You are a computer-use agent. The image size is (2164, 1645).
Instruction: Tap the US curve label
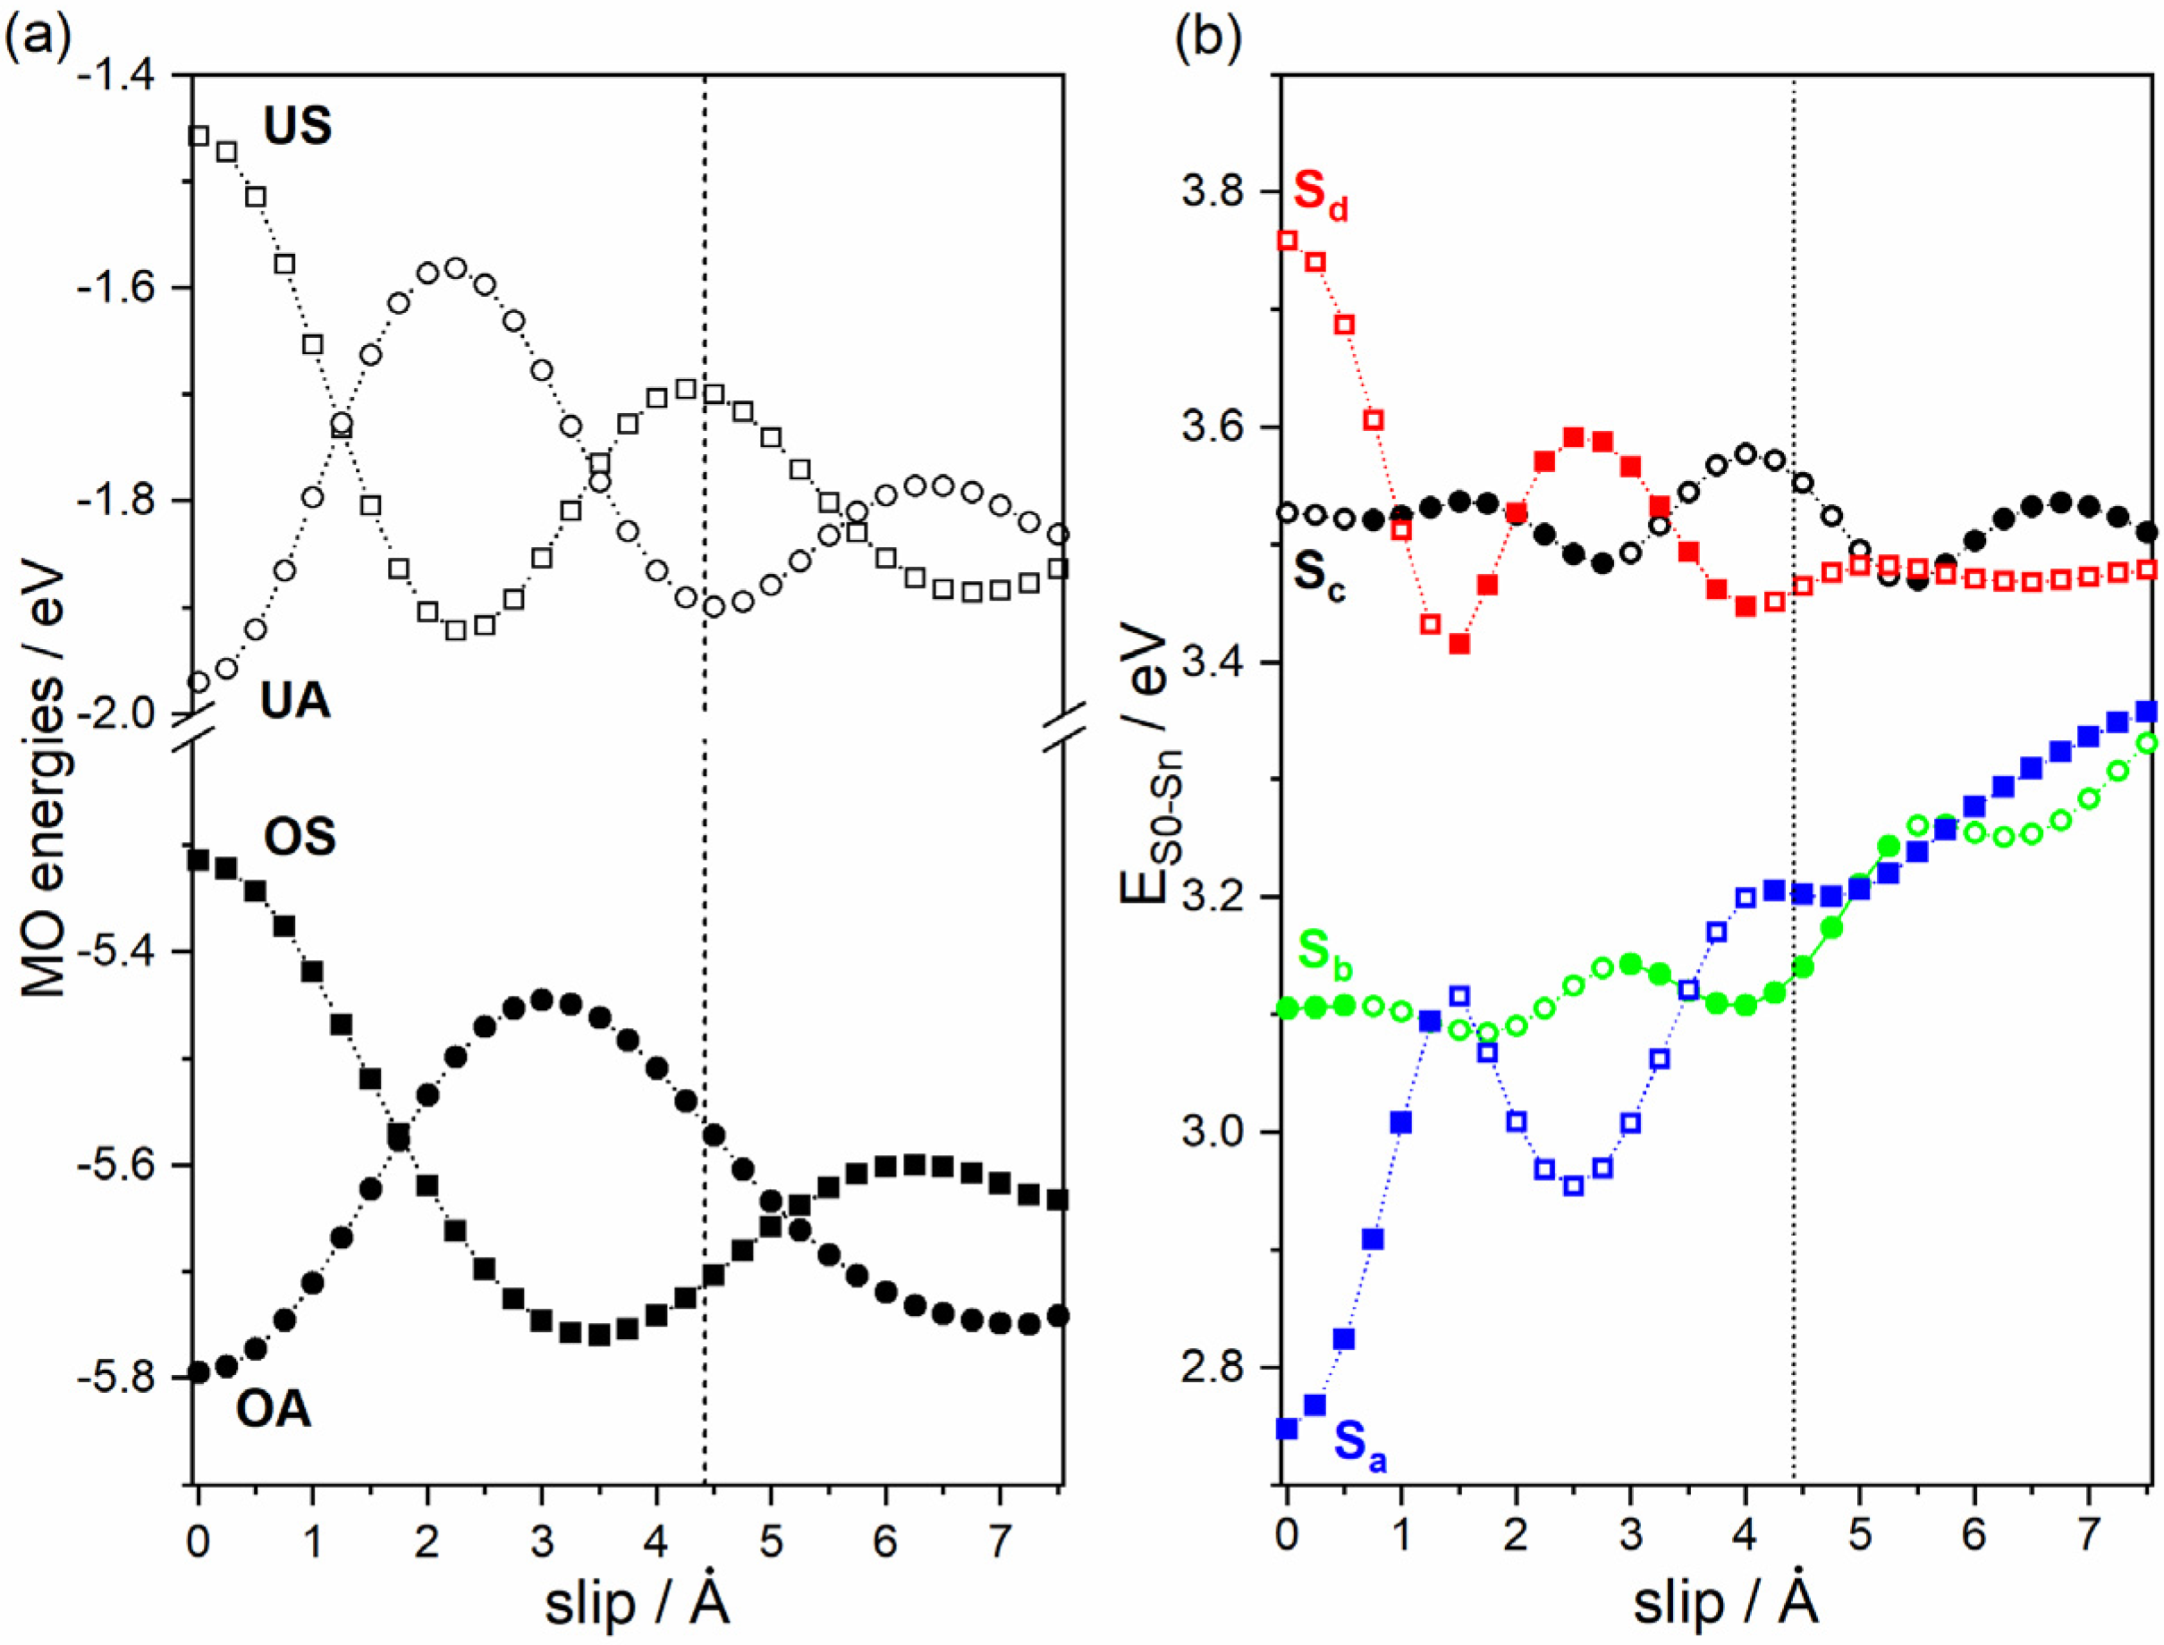(297, 125)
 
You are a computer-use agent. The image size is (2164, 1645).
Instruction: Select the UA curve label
(295, 701)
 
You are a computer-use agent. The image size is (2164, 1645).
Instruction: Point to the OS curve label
(299, 836)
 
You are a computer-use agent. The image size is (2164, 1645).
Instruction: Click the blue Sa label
(1359, 1444)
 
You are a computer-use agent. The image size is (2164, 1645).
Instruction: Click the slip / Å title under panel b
(1725, 1603)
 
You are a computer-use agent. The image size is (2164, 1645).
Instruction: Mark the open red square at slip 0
(1288, 240)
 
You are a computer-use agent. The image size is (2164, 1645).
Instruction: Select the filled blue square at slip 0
(1288, 1428)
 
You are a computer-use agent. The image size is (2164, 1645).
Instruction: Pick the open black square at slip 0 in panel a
(199, 135)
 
